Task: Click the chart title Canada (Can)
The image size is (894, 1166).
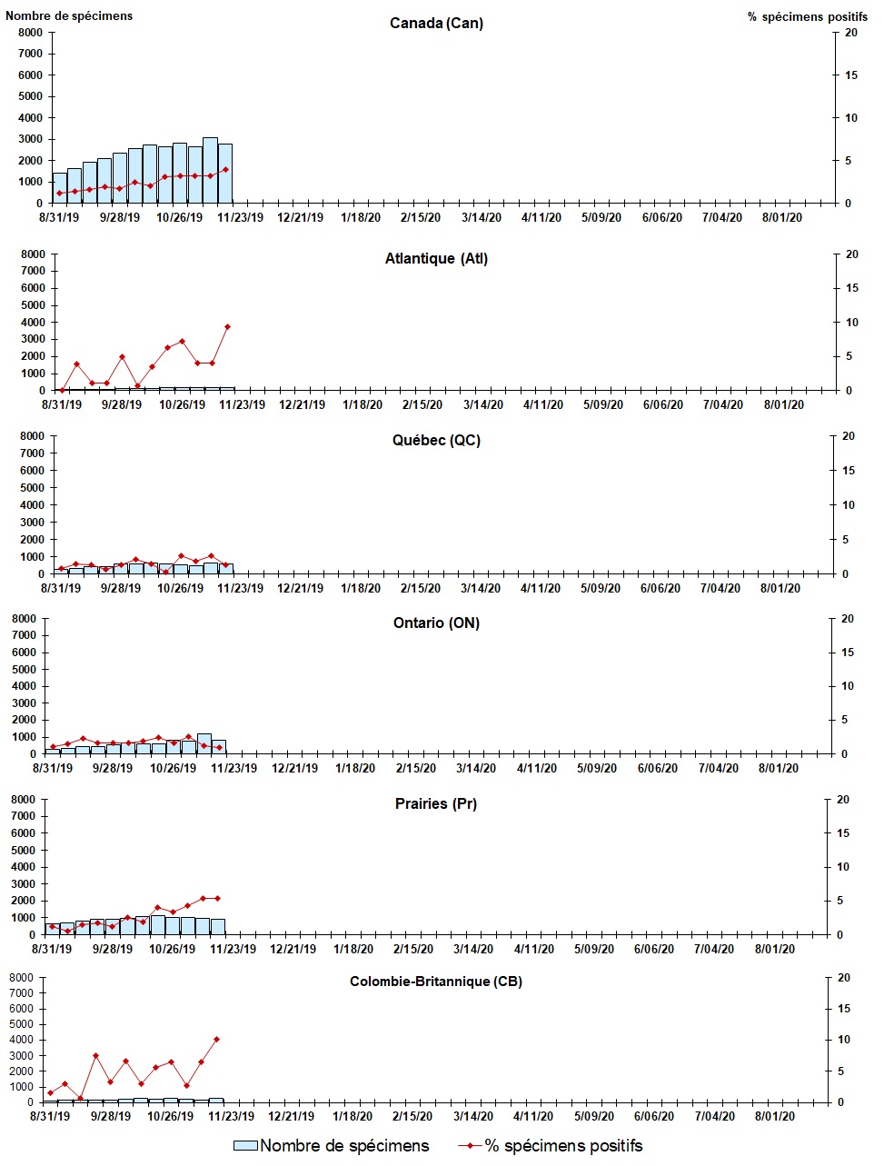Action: click(x=436, y=23)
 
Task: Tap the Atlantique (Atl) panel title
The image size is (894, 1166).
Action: click(x=436, y=259)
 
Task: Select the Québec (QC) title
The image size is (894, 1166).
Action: click(x=436, y=441)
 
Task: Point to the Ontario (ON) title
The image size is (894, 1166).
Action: click(x=436, y=623)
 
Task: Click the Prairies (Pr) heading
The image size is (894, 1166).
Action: click(x=436, y=804)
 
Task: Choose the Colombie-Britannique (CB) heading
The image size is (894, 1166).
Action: click(x=436, y=982)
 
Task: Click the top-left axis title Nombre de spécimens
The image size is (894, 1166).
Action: click(x=69, y=15)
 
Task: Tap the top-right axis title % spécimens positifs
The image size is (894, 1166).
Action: click(x=807, y=16)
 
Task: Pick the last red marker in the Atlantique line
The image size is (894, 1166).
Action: click(x=227, y=327)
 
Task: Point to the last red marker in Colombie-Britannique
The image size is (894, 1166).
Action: click(x=216, y=1039)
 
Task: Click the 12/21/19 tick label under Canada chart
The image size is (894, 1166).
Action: click(x=301, y=217)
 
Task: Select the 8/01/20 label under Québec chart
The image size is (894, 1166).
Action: click(x=780, y=588)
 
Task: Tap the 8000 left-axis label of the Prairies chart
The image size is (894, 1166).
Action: click(x=23, y=800)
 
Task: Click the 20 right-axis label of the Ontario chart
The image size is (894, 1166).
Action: click(x=848, y=619)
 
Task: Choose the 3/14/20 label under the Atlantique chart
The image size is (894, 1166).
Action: click(x=482, y=404)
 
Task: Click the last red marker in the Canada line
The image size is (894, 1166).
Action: click(x=225, y=169)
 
